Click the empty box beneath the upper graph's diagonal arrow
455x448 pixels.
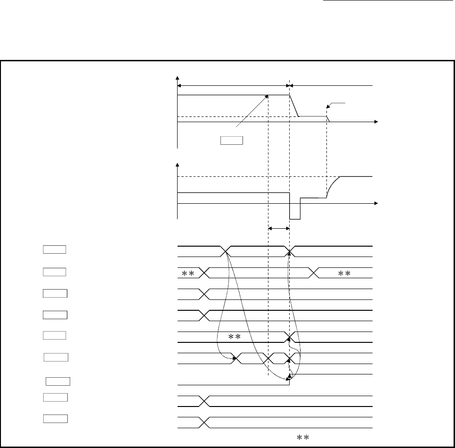click(231, 140)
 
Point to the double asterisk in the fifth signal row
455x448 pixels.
click(235, 337)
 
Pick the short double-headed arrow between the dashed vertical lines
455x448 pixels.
click(278, 229)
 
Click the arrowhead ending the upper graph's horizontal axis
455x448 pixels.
click(376, 122)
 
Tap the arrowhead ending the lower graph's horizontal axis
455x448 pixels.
click(376, 204)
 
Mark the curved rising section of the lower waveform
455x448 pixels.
click(333, 184)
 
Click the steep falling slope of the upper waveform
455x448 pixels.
click(294, 105)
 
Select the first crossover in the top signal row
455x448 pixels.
click(225, 251)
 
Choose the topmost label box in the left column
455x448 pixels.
click(55, 249)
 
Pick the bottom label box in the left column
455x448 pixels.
click(56, 418)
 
